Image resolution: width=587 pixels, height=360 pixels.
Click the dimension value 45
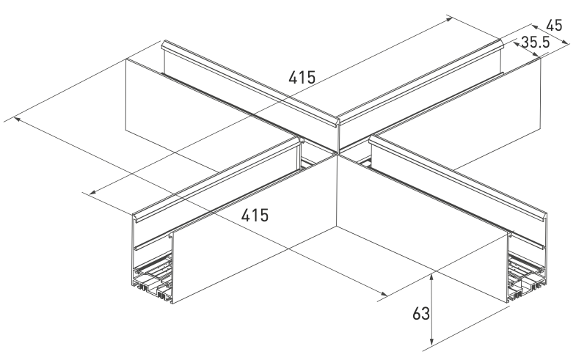554,26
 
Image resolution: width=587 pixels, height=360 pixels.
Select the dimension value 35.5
536,43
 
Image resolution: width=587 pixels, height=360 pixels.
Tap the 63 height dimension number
420,314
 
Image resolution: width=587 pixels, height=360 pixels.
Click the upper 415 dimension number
302,78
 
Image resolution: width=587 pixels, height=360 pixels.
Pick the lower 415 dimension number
255,215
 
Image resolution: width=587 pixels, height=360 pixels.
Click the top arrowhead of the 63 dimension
431,278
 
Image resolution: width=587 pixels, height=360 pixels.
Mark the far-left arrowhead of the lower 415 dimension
17,119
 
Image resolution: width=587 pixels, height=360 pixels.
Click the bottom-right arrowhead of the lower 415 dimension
384,293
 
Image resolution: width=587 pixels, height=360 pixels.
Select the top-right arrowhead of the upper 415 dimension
449,20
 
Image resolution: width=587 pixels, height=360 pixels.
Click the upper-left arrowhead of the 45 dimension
536,27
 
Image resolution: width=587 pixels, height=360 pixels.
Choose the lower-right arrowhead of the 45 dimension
564,42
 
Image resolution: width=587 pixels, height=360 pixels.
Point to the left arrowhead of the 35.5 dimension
517,44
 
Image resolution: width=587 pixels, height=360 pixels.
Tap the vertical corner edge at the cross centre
337,191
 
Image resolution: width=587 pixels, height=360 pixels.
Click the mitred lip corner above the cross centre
338,120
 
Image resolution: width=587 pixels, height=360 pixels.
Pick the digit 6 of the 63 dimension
416,314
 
